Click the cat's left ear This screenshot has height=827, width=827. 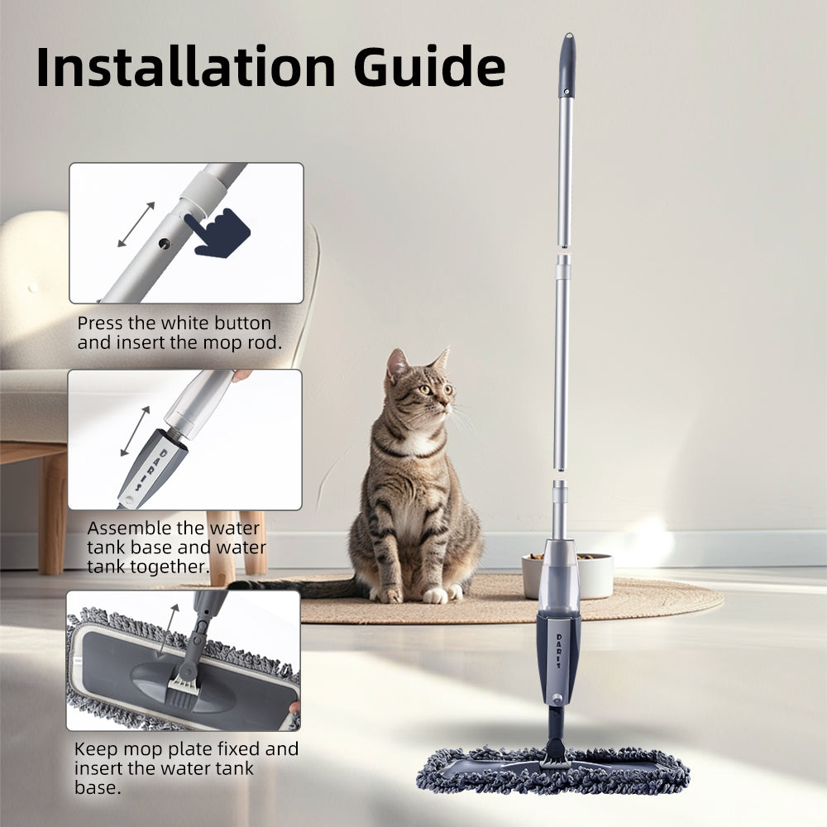point(397,363)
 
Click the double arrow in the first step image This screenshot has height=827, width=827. point(136,224)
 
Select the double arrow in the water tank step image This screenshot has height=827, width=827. point(136,431)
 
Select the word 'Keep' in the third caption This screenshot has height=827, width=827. point(93,749)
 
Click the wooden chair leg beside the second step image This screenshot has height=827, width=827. point(53,513)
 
